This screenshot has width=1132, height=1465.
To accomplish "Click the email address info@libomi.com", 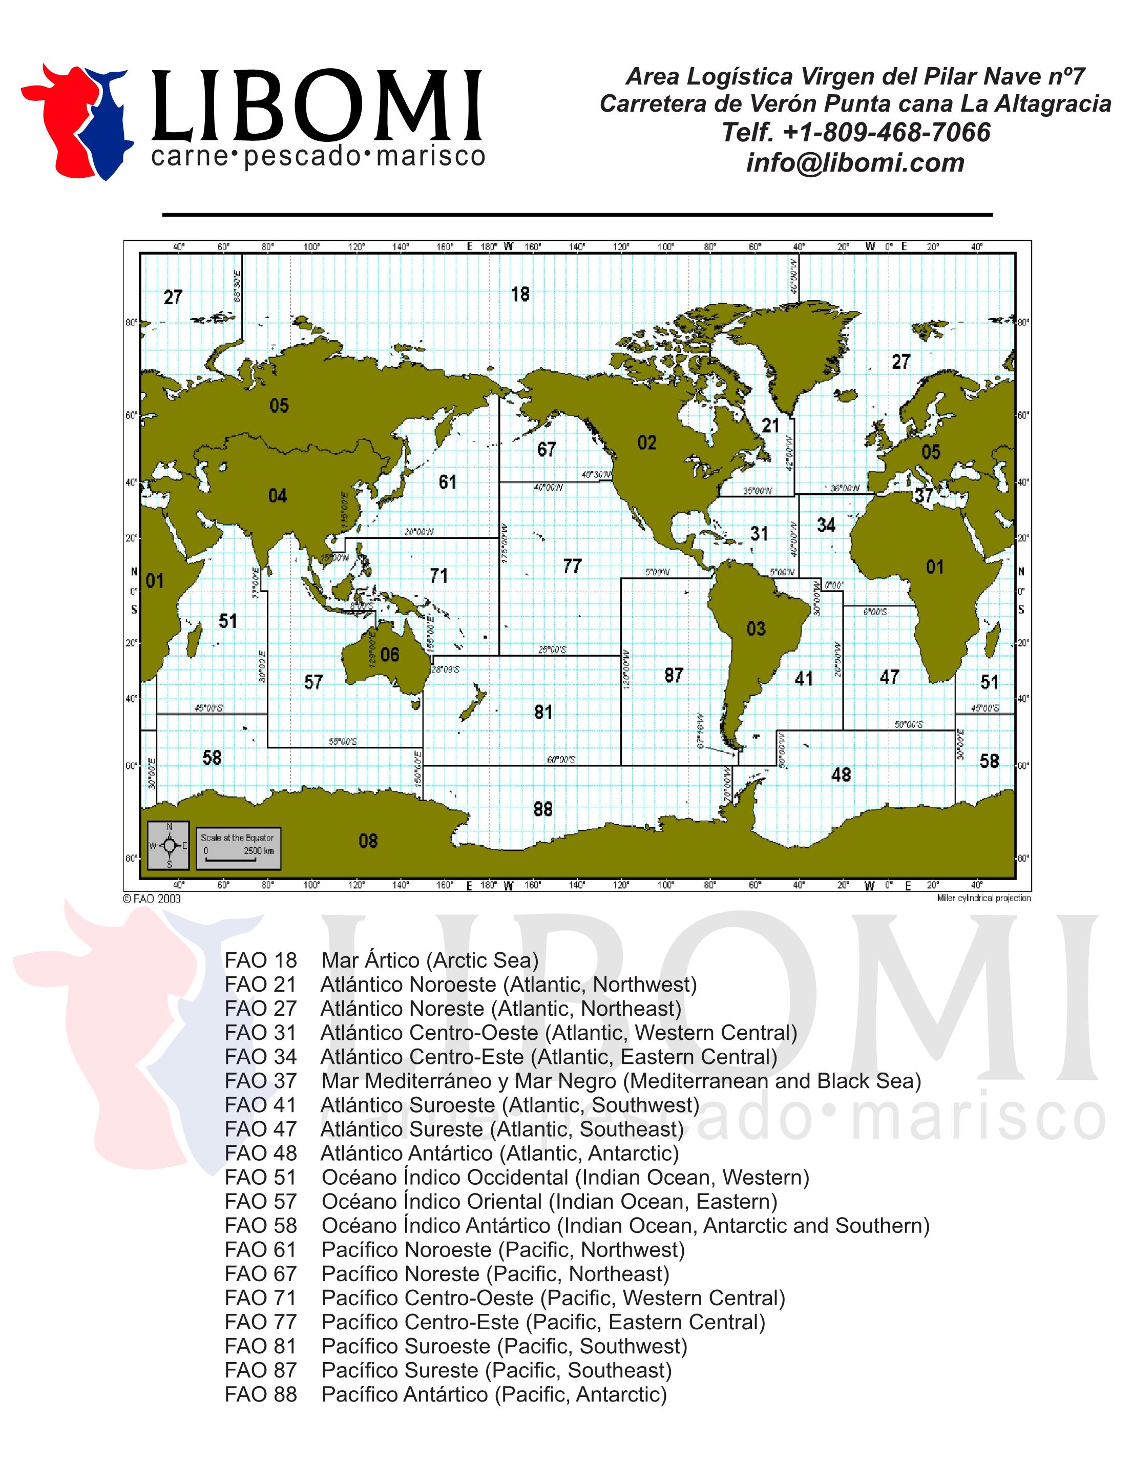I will click(855, 163).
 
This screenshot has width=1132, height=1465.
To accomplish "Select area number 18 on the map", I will click(520, 294).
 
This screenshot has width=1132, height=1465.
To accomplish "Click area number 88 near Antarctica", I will click(543, 809).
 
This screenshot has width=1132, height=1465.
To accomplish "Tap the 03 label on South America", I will click(756, 629).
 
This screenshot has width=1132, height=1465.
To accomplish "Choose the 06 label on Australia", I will click(390, 655).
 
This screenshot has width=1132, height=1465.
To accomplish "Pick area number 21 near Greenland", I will click(770, 425).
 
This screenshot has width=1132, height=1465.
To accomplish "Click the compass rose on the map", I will click(169, 845).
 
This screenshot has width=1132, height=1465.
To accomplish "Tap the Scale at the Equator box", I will click(238, 845).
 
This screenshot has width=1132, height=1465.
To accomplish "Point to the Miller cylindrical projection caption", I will click(983, 898).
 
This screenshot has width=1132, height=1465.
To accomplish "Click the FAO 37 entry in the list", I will click(573, 1081).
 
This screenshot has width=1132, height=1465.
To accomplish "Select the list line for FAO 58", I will click(577, 1225).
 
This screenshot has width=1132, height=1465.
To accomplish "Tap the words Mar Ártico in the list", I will click(371, 960).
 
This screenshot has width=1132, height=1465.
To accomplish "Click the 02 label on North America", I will click(646, 443).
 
